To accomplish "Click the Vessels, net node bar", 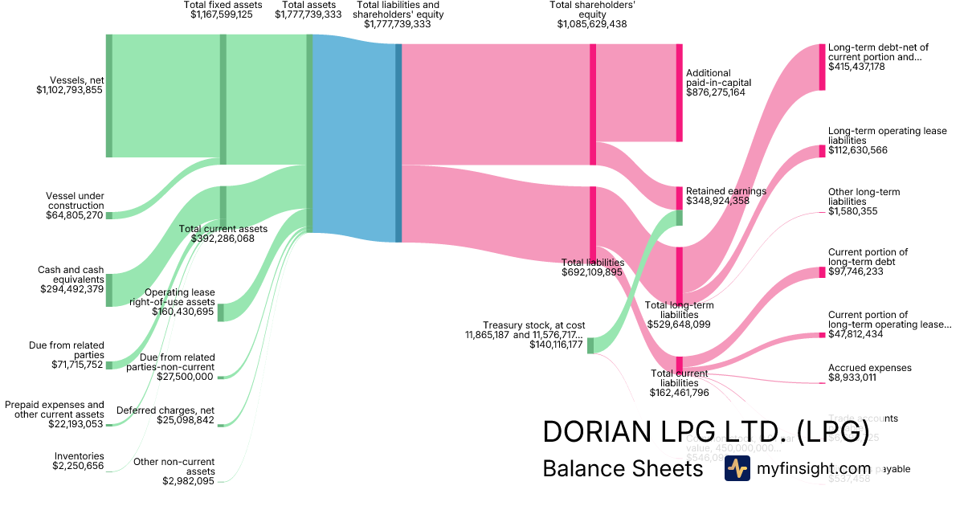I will (109, 96).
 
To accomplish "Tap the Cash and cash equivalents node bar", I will (109, 290).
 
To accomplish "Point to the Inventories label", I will (80, 455).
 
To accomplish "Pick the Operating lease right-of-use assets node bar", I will (221, 312).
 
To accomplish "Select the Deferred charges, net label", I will (165, 410).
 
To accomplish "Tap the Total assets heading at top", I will (309, 5).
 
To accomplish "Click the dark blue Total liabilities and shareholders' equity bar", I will (398, 142).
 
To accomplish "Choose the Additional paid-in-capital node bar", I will (679, 92).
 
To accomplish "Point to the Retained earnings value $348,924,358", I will (717, 201).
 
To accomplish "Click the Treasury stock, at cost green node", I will (590, 345).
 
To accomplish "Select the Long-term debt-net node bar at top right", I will (822, 67).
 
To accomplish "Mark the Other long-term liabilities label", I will (864, 197).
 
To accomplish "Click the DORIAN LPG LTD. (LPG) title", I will (706, 432).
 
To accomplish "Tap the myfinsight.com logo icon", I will (737, 468).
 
